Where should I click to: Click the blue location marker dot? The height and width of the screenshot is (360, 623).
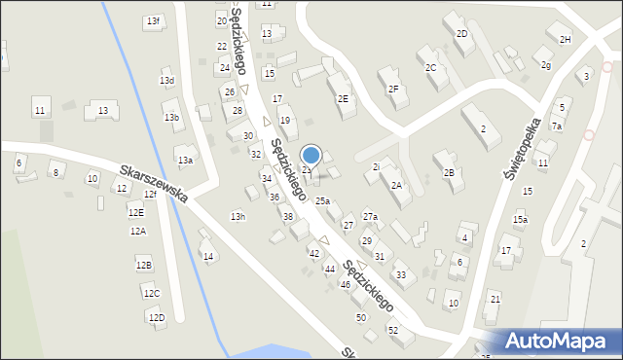(311, 155)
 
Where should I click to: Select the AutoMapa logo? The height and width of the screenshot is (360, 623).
(561, 341)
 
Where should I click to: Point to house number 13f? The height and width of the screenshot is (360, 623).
(153, 20)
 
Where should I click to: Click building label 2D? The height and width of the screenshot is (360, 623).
(461, 34)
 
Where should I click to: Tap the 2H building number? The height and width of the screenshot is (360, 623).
(565, 39)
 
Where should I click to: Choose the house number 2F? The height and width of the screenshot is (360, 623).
(393, 90)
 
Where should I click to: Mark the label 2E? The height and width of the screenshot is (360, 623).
(343, 98)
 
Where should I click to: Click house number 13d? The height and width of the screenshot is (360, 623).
(167, 81)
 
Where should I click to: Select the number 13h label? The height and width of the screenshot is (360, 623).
(238, 216)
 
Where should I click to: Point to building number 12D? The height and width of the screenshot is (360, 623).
(156, 317)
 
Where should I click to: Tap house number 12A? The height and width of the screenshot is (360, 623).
(138, 231)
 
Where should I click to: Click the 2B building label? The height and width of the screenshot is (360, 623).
(449, 172)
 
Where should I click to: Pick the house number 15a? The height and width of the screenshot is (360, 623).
(521, 220)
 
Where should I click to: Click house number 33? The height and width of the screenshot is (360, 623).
(400, 275)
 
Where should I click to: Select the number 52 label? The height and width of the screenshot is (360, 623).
(393, 331)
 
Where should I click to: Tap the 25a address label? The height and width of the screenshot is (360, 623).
(322, 200)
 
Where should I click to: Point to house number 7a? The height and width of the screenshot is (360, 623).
(557, 126)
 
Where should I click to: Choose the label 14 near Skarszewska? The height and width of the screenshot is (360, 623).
(207, 256)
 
